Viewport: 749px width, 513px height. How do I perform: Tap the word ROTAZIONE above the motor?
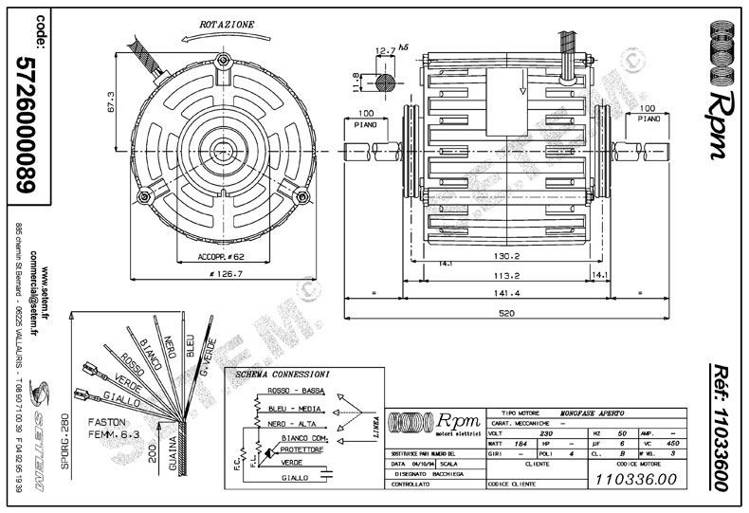pos(225,22)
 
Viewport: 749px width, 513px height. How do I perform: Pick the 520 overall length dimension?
pos(507,313)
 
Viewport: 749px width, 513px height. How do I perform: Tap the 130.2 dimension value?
pos(503,256)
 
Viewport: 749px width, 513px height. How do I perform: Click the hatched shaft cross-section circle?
pos(386,82)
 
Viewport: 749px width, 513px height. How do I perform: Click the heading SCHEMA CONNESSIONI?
pos(284,376)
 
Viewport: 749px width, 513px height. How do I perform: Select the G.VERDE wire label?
pos(210,356)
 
